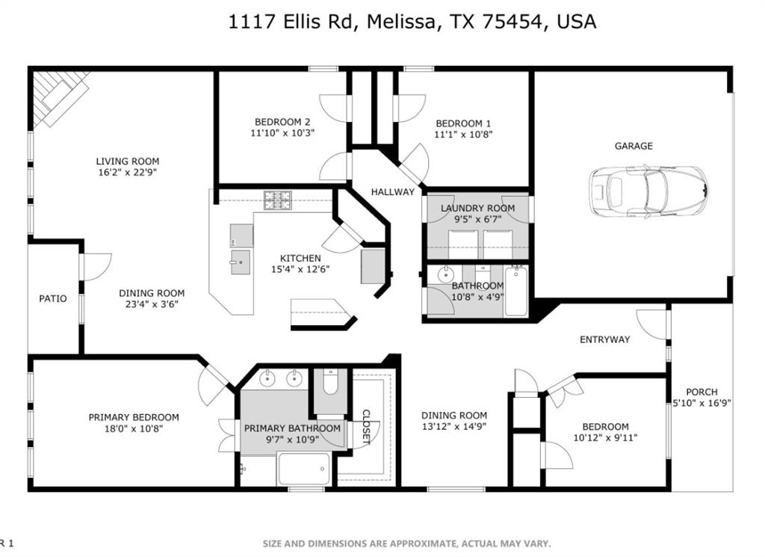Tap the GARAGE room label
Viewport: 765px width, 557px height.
click(634, 147)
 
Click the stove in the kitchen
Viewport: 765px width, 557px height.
click(277, 200)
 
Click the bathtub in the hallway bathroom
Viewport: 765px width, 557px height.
click(515, 291)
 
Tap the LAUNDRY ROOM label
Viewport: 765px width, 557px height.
click(477, 209)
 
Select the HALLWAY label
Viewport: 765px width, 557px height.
click(393, 192)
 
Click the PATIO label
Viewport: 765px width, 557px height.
click(52, 299)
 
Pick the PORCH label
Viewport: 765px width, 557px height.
click(701, 392)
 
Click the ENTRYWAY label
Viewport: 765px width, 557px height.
click(604, 339)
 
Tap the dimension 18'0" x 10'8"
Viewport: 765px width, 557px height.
click(134, 429)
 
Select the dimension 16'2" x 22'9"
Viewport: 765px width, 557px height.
click(127, 172)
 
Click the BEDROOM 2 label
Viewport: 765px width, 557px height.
click(282, 122)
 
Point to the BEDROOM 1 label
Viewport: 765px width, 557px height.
click(463, 123)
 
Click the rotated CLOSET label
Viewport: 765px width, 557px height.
click(366, 427)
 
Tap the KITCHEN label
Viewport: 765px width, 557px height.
click(300, 259)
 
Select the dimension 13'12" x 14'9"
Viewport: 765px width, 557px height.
click(454, 428)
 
